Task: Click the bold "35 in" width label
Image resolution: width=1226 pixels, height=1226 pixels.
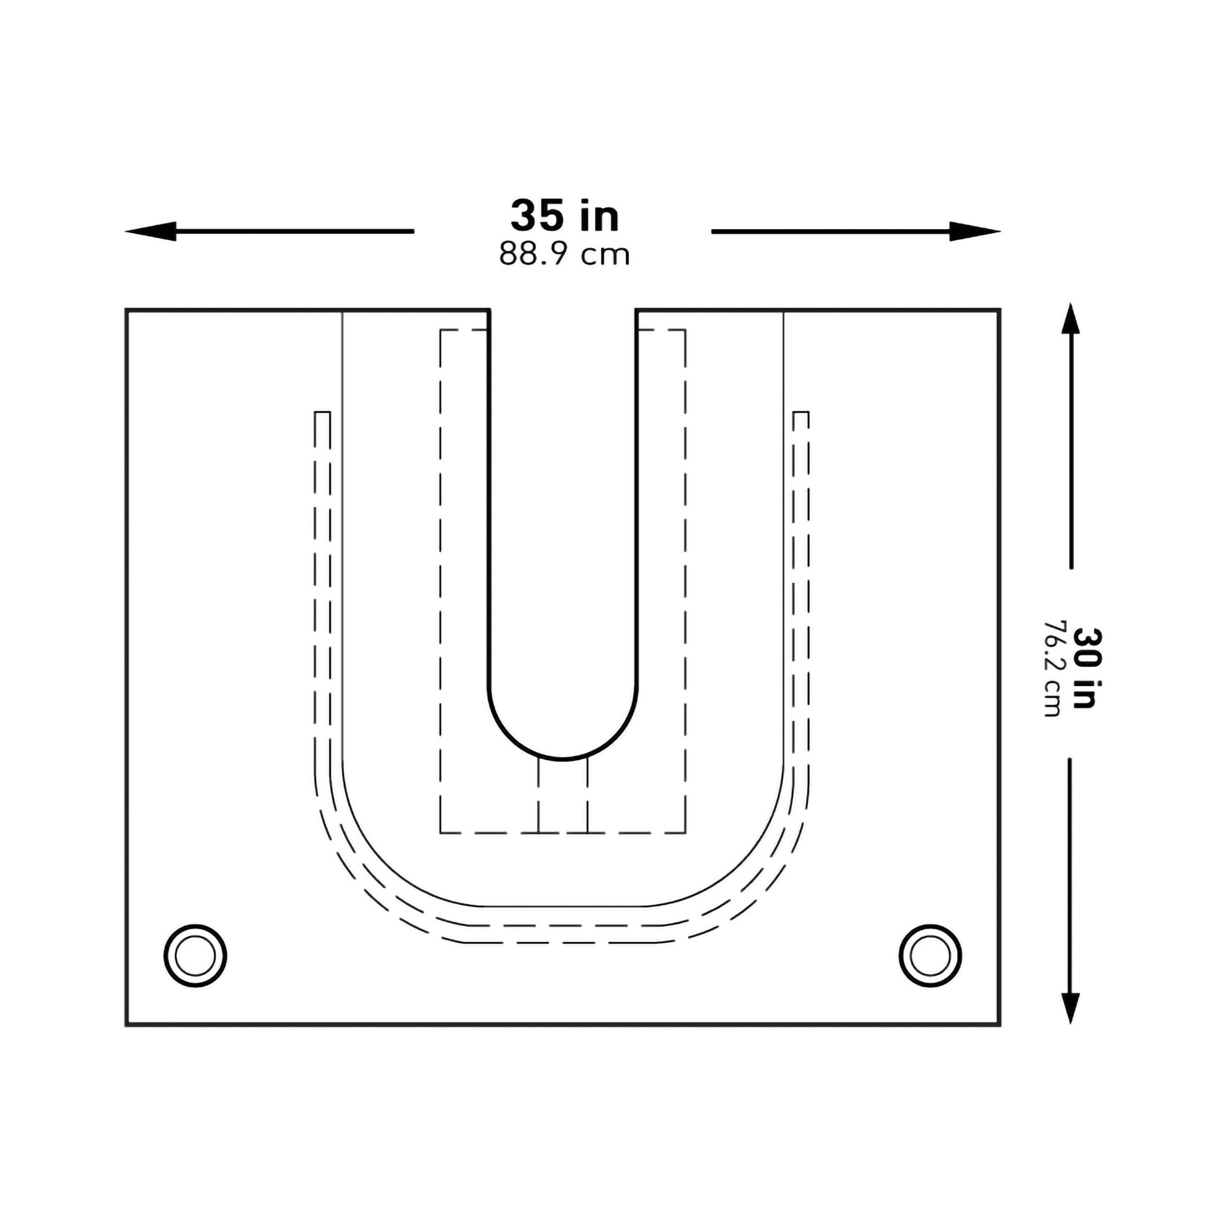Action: tap(564, 216)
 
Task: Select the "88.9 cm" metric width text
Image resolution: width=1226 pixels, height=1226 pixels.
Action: tap(564, 254)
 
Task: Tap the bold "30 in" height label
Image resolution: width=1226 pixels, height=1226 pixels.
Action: tap(1087, 668)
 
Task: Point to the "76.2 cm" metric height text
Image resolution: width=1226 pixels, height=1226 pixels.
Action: tap(1052, 668)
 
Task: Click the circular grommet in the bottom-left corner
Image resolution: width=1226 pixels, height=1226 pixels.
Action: tap(196, 956)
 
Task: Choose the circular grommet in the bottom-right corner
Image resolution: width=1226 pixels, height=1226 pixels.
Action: tap(931, 956)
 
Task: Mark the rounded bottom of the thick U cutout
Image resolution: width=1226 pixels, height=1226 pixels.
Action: tap(563, 758)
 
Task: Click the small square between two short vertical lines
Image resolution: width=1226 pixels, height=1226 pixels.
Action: tap(563, 796)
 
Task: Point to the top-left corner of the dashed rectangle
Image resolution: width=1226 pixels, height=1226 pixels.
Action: tap(441, 330)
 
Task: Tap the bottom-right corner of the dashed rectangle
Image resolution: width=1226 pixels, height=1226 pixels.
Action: tap(685, 832)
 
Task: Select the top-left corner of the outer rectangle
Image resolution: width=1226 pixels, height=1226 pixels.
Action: tap(127, 310)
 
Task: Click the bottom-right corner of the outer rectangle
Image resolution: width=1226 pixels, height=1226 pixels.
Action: tap(999, 1025)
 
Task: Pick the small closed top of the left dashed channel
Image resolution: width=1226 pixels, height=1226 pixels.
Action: tap(322, 413)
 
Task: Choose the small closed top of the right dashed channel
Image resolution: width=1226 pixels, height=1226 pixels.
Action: tap(801, 413)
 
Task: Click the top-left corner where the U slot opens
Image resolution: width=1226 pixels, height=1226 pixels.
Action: tap(489, 310)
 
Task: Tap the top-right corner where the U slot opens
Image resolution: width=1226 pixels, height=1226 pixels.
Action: tap(636, 310)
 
